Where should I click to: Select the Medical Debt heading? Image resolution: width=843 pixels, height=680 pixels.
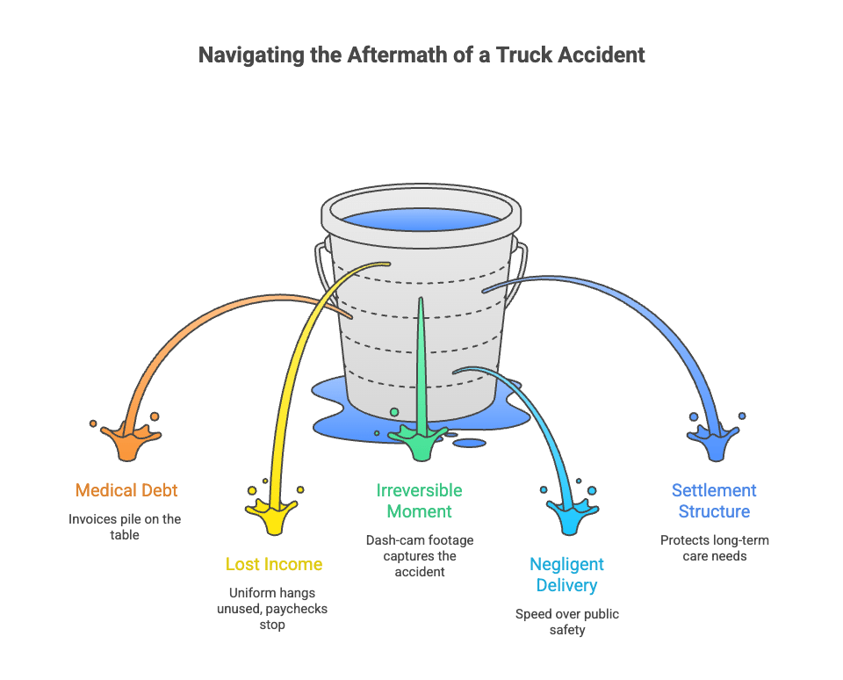(126, 490)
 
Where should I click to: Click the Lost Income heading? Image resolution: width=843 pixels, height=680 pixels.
(274, 564)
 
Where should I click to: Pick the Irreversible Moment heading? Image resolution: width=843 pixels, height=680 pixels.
(420, 500)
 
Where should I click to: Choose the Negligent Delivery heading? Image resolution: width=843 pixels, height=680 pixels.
(566, 574)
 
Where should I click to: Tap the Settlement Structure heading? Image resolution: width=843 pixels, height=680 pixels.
(714, 500)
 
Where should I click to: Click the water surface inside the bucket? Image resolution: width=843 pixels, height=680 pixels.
(421, 219)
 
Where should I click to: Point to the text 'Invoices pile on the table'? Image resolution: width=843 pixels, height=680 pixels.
(125, 527)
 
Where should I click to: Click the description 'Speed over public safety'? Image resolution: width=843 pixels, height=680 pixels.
(567, 622)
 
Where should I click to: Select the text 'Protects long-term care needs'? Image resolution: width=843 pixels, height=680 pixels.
(715, 548)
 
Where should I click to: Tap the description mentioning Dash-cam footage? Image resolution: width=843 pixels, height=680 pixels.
(420, 556)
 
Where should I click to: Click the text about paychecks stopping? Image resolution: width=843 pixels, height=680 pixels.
(272, 609)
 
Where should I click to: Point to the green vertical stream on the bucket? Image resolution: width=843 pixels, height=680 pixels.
(421, 365)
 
